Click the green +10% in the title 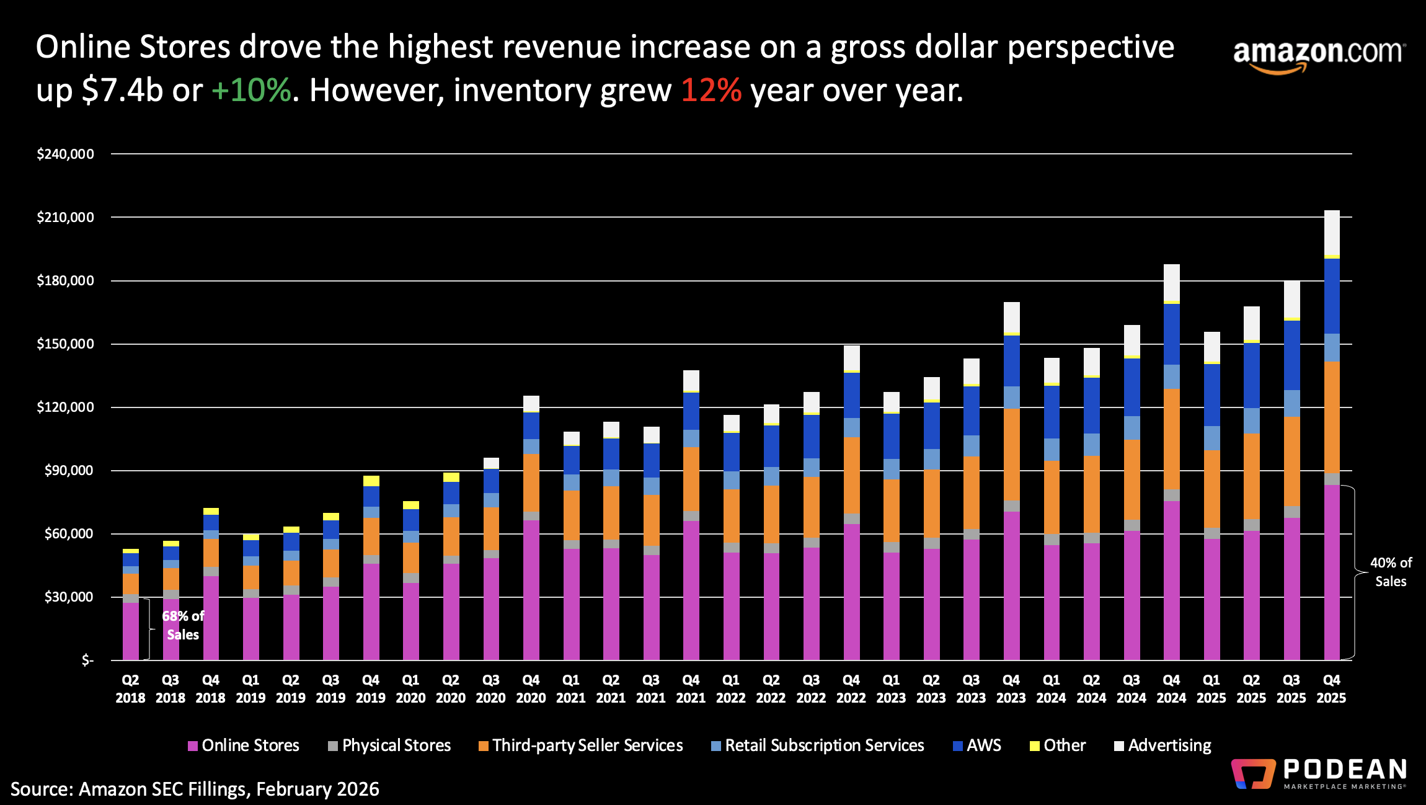[251, 91]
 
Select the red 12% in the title [711, 91]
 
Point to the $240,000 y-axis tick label [65, 154]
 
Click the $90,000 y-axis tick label [68, 470]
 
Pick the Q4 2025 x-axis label [1331, 689]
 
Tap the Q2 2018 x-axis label [130, 689]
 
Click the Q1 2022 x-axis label [730, 689]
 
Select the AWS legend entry [977, 745]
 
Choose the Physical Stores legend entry [389, 745]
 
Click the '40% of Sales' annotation [1390, 572]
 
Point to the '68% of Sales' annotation [182, 625]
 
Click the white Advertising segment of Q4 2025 [1332, 233]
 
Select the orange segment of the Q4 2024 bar [1171, 439]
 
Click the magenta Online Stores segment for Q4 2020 [531, 589]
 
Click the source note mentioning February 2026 [195, 789]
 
